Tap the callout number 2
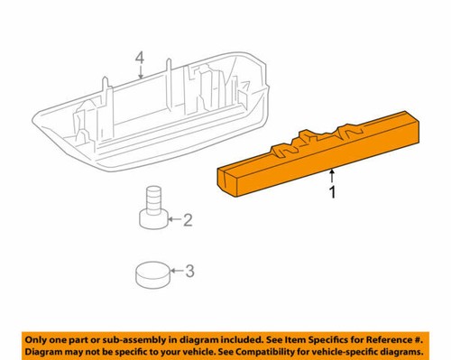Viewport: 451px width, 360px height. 188,219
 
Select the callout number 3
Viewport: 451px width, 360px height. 188,269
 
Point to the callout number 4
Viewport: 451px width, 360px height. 140,60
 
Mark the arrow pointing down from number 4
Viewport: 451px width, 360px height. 140,75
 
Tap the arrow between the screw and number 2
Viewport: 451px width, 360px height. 173,219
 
